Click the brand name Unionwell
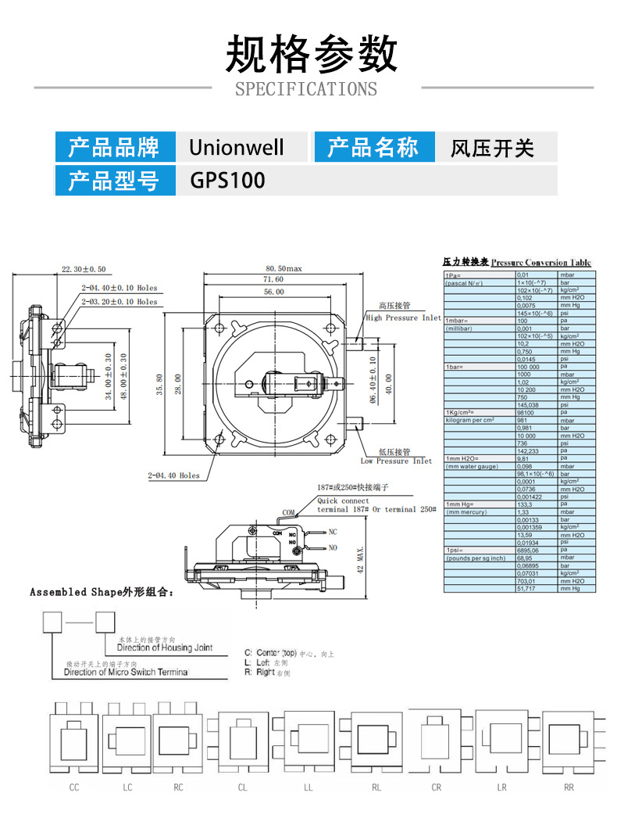click(x=237, y=147)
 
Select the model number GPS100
click(x=227, y=181)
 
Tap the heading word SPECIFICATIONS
click(x=306, y=89)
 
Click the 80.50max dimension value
click(x=284, y=268)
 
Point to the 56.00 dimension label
click(x=273, y=292)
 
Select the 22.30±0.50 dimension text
click(x=84, y=270)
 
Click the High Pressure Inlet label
click(x=403, y=318)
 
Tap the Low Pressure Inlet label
click(x=396, y=461)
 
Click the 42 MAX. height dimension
click(x=361, y=558)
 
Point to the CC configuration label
click(x=74, y=787)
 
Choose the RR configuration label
click(x=569, y=787)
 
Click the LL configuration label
click(x=308, y=787)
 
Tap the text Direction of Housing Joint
click(x=175, y=648)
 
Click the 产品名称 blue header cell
click(x=373, y=147)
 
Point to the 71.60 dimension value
click(x=273, y=279)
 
